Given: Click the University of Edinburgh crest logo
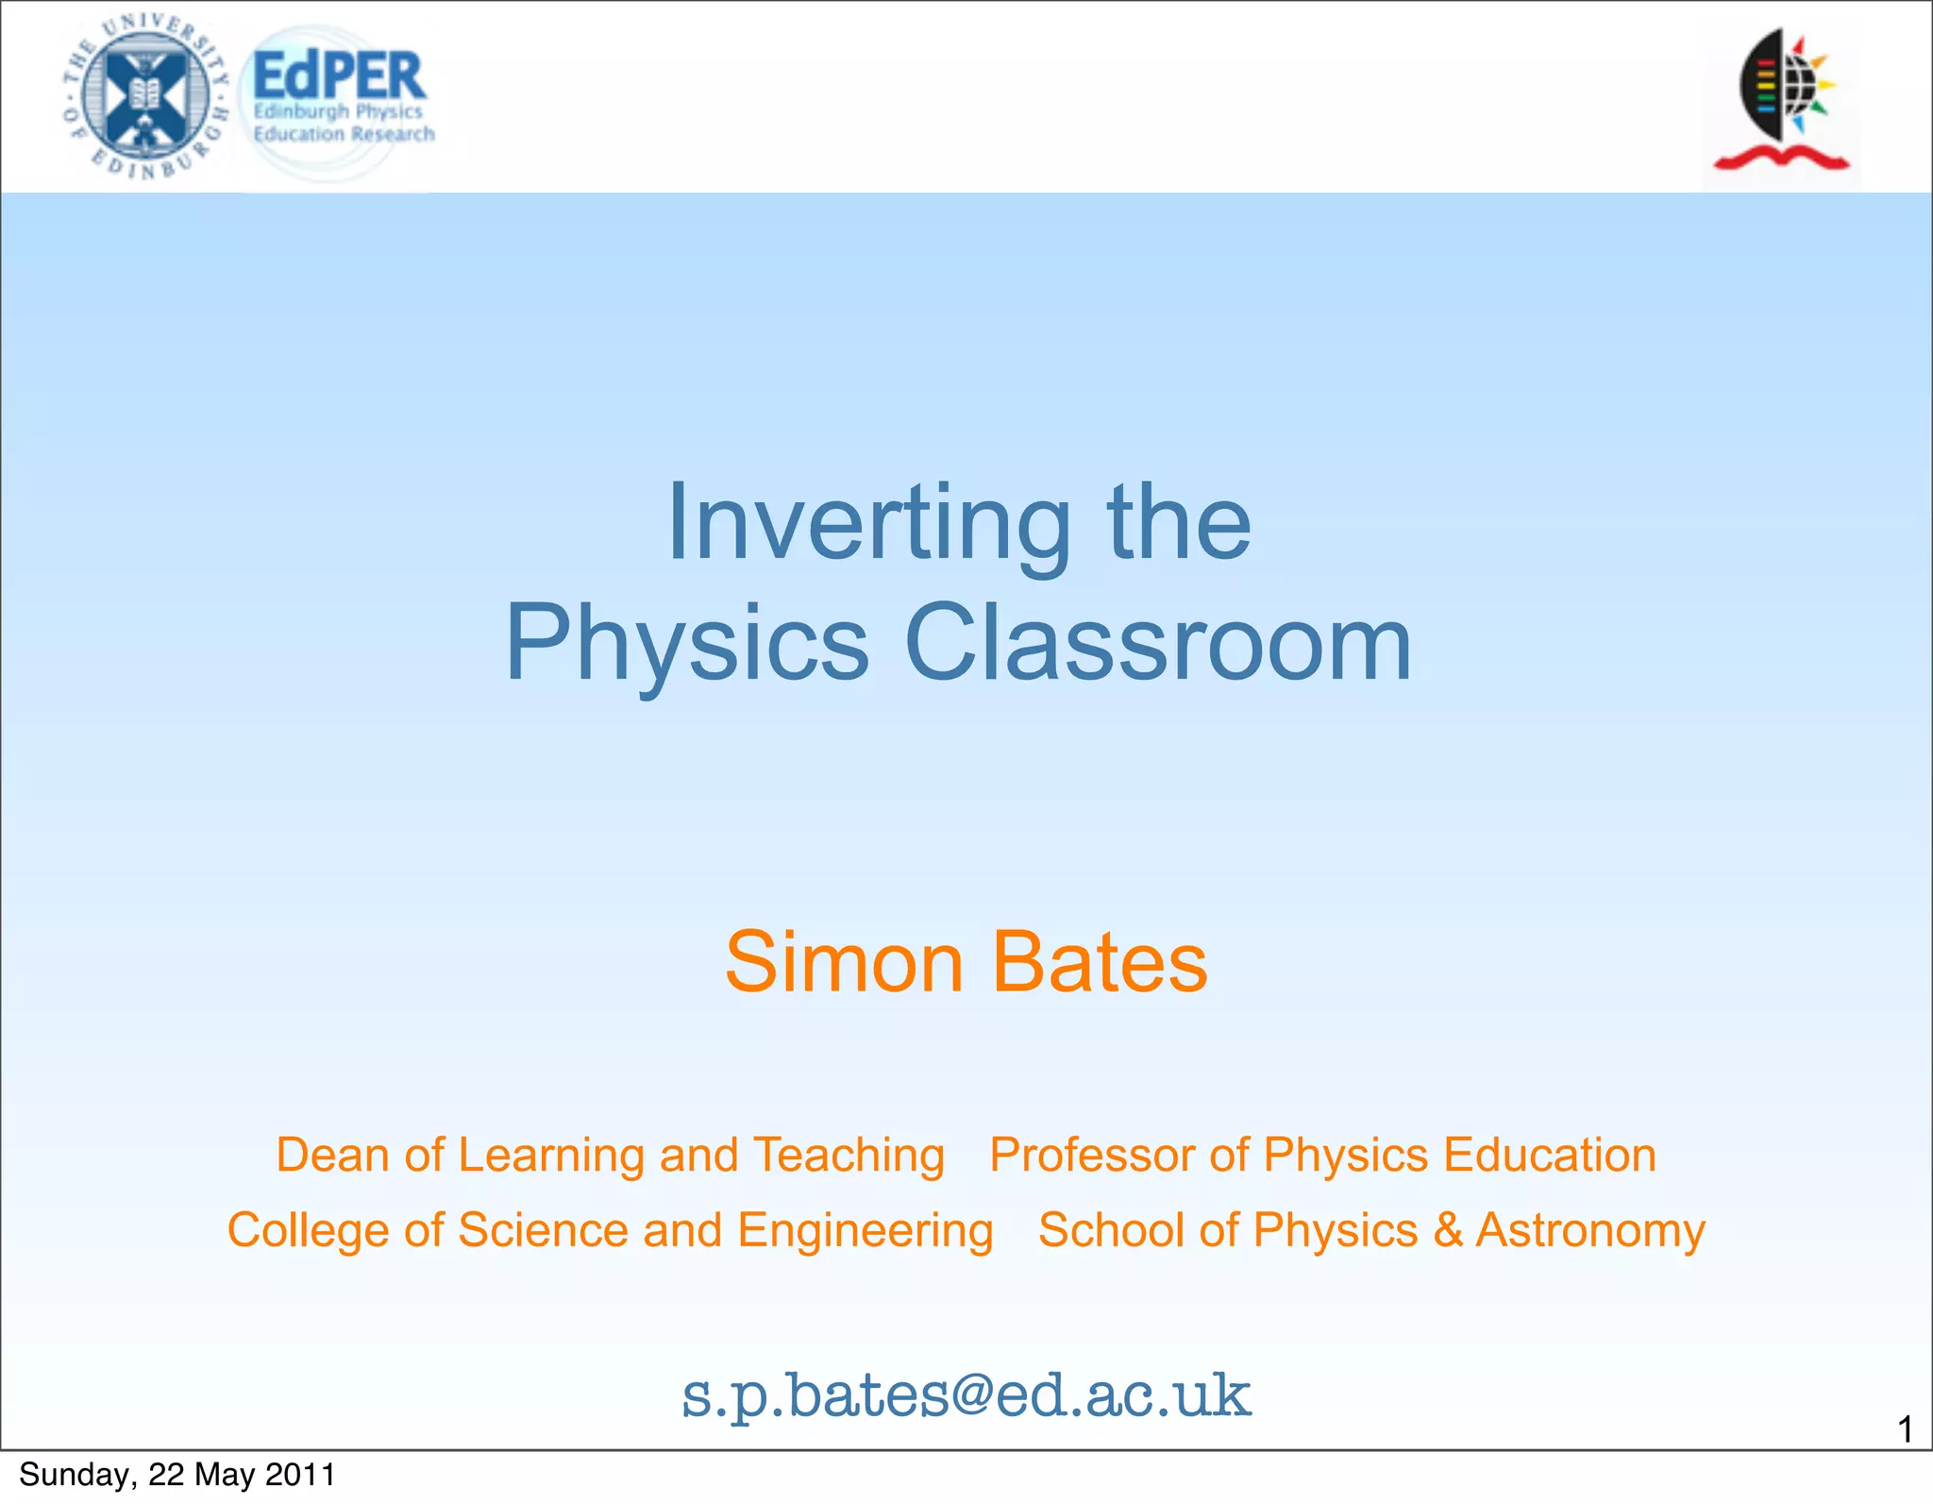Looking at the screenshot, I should click(145, 95).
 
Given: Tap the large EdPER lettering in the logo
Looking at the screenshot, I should click(340, 76).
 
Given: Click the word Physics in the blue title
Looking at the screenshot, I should click(687, 645).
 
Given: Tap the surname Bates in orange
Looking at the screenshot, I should click(1100, 962).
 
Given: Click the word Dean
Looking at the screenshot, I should click(331, 1156).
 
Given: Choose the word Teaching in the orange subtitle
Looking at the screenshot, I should click(849, 1156).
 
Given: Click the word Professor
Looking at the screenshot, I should click(1093, 1156).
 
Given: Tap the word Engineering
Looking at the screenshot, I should click(866, 1231).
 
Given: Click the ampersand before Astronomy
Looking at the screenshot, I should click(1447, 1231).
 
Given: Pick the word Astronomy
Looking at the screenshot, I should click(1590, 1231).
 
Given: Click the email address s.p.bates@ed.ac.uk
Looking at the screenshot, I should click(966, 1395).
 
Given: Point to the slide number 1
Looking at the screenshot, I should click(1905, 1429).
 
